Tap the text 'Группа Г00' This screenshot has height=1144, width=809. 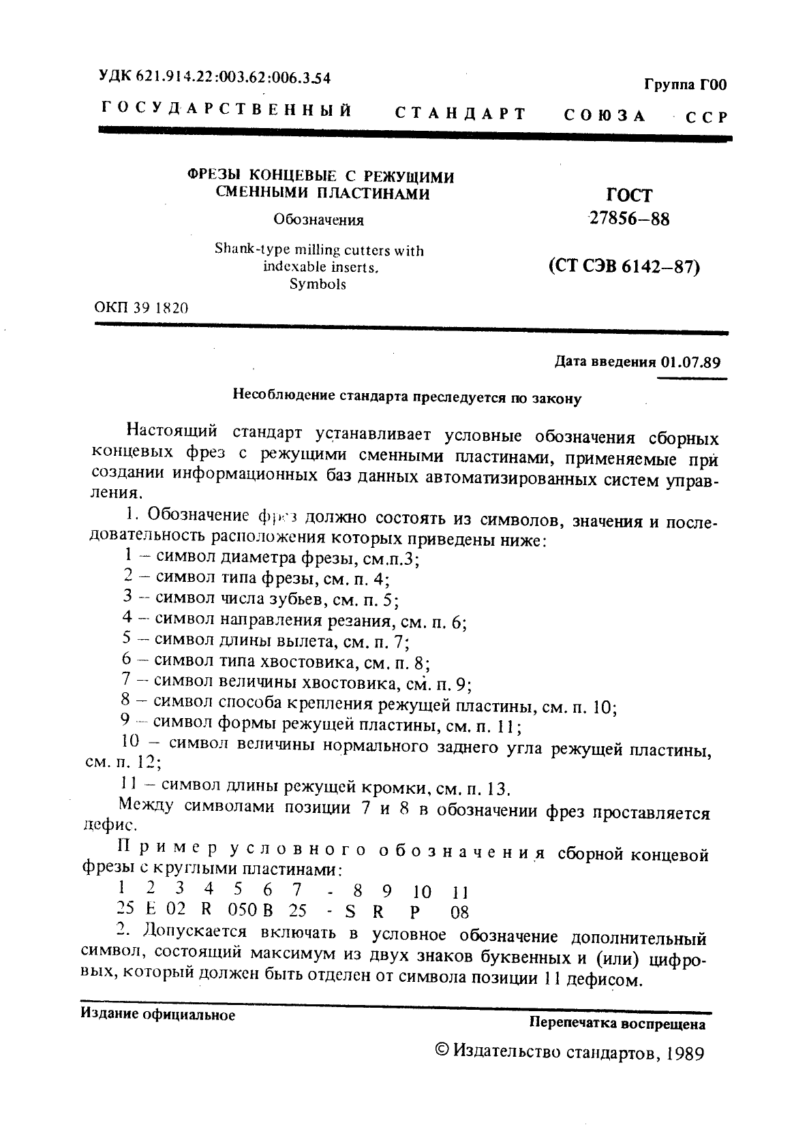(685, 85)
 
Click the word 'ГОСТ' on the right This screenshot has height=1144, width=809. (629, 196)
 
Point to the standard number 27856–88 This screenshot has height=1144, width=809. (628, 219)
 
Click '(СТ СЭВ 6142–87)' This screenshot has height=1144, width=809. (624, 266)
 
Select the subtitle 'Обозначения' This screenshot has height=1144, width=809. (318, 220)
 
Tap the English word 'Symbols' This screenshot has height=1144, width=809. (318, 284)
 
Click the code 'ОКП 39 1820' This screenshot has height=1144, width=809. (141, 307)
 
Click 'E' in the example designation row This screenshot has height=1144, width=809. (151, 912)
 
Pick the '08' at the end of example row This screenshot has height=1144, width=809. (460, 912)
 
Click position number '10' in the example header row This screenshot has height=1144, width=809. (422, 891)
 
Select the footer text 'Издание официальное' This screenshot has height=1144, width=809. (157, 1015)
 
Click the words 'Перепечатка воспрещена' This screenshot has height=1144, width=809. (617, 1023)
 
